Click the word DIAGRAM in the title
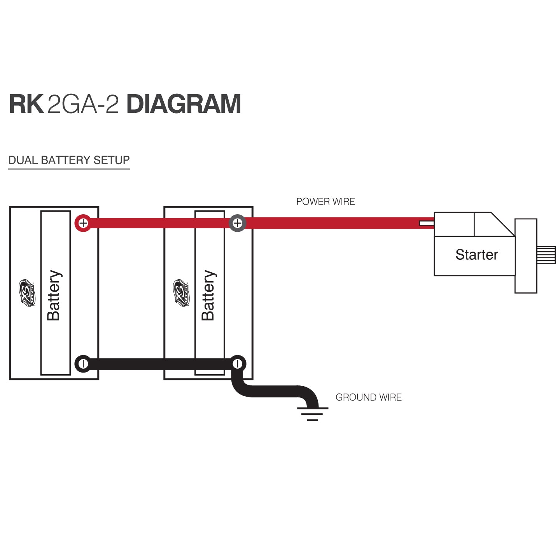pyautogui.click(x=184, y=104)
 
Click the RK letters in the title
pyautogui.click(x=26, y=104)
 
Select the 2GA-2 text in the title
pyautogui.click(x=83, y=104)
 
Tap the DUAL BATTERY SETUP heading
pyautogui.click(x=69, y=160)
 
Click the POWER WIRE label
pyautogui.click(x=325, y=201)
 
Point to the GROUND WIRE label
pyautogui.click(x=368, y=397)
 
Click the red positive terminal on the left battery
pyautogui.click(x=83, y=223)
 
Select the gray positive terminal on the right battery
pyautogui.click(x=237, y=223)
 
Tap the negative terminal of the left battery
pyautogui.click(x=83, y=364)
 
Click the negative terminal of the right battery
pyautogui.click(x=237, y=364)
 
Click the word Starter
pyautogui.click(x=476, y=255)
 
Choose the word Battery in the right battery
pyautogui.click(x=208, y=295)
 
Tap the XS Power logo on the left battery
pyautogui.click(x=27, y=293)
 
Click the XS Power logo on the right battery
pyautogui.click(x=181, y=293)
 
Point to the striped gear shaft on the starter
pyautogui.click(x=546, y=255)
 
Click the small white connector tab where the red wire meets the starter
pyautogui.click(x=427, y=223)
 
